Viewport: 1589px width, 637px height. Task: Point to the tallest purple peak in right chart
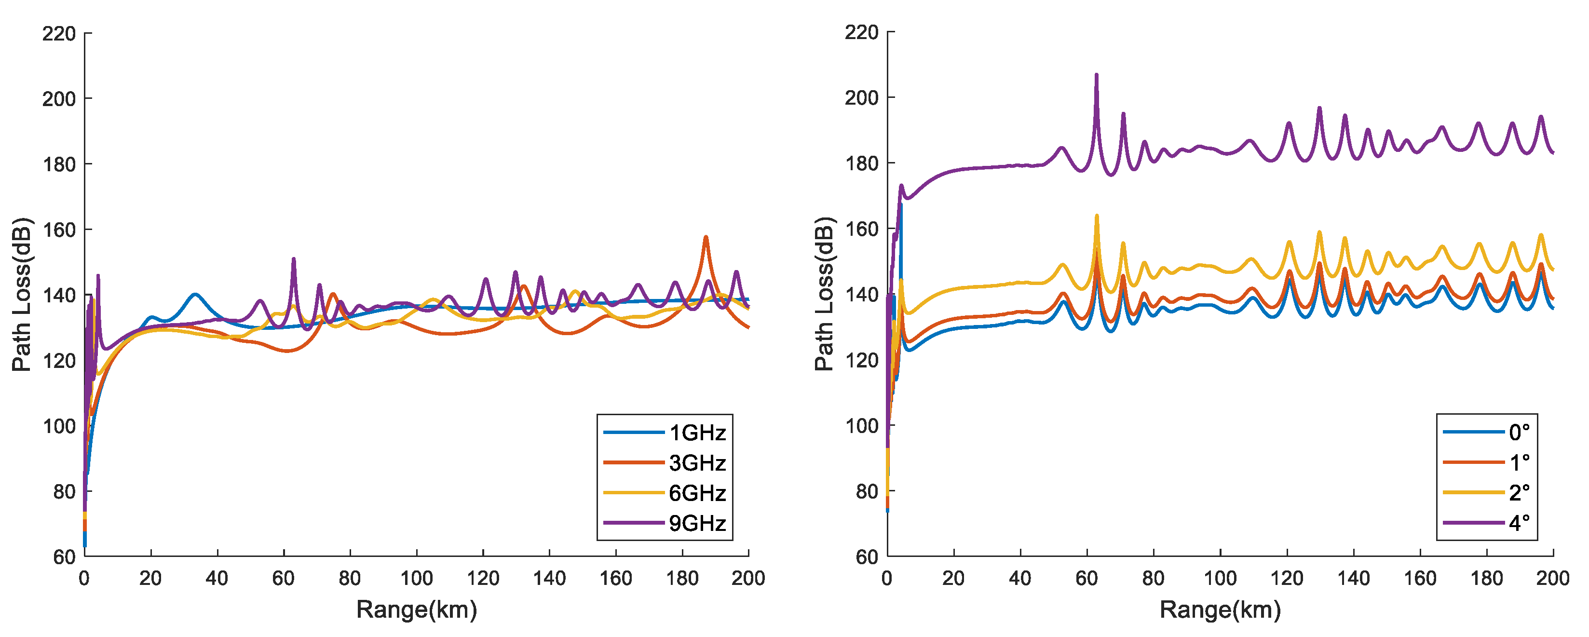tap(1096, 76)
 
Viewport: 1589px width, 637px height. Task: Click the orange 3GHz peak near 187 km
tap(706, 237)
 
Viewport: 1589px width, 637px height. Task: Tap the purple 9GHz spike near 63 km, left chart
tap(294, 259)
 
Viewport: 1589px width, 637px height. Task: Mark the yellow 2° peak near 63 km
tap(1097, 217)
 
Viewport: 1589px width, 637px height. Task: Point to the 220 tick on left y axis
tap(59, 33)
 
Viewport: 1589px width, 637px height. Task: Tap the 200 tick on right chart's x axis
tap(1552, 579)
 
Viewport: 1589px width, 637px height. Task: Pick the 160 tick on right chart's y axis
tap(861, 229)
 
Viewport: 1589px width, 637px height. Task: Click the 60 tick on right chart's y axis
tap(866, 557)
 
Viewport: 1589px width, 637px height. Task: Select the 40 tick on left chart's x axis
tap(217, 579)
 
